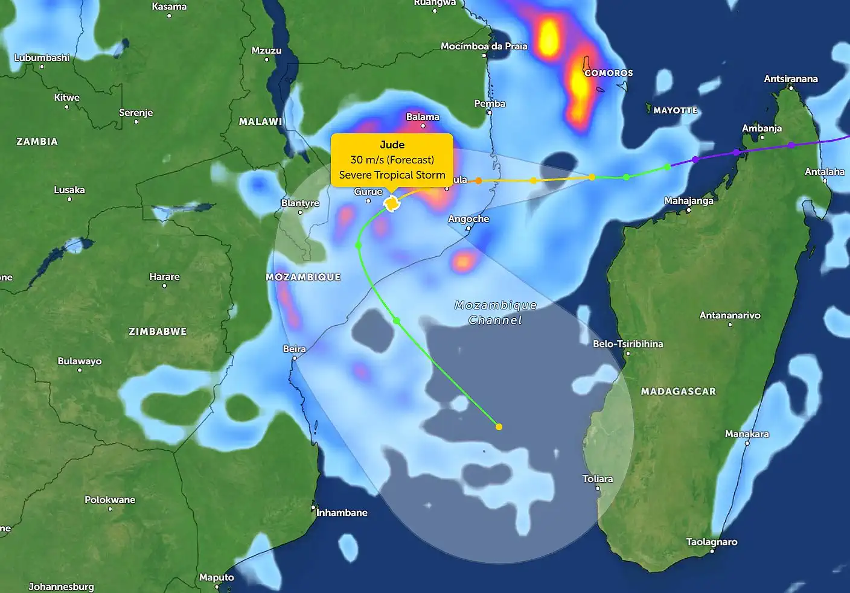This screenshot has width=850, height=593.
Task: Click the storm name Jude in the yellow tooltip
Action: tap(392, 145)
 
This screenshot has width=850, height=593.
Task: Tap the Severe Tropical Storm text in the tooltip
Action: tap(392, 175)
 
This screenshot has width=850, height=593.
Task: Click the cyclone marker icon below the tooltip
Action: tap(392, 204)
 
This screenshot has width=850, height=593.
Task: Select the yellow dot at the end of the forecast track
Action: tap(499, 427)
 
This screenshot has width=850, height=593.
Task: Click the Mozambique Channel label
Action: tap(495, 312)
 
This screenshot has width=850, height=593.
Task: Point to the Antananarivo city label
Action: tap(729, 316)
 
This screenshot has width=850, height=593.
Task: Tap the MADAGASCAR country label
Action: tap(678, 392)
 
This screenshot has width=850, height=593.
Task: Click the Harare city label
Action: tap(164, 277)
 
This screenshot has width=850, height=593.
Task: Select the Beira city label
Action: tap(294, 349)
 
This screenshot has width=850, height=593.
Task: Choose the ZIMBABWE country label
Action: tap(158, 332)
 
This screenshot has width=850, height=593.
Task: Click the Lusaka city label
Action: tap(69, 190)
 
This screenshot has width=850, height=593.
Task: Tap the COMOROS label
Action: tap(609, 73)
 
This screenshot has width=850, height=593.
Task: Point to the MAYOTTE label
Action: tap(675, 111)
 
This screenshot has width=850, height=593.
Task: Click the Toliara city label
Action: tap(597, 479)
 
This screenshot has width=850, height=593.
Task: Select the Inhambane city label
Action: tap(342, 513)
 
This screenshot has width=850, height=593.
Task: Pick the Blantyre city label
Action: tap(300, 203)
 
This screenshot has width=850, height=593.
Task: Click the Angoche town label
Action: tap(468, 219)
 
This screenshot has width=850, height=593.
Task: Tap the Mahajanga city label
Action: tap(688, 201)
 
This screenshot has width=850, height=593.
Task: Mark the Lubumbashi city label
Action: tap(42, 58)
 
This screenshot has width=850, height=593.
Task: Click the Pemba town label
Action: tap(490, 104)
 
